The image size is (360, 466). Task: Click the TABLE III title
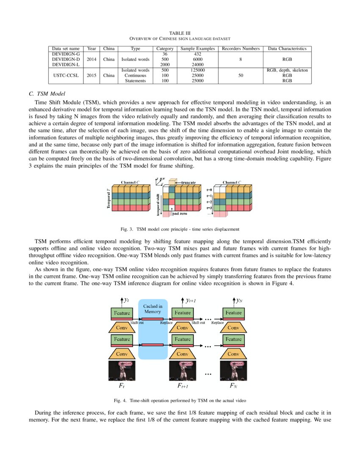click(x=180, y=33)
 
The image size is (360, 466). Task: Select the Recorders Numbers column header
click(x=241, y=49)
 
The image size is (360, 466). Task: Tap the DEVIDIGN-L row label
click(x=66, y=64)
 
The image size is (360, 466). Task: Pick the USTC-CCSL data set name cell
click(x=66, y=75)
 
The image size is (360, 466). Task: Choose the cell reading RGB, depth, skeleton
click(x=287, y=70)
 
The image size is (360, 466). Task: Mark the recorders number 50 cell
click(x=241, y=75)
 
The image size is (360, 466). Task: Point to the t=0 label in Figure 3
click(x=209, y=190)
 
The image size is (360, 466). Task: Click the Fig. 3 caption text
click(x=180, y=229)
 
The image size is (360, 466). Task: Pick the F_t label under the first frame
click(x=122, y=386)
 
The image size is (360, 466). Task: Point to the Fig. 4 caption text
click(x=180, y=400)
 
